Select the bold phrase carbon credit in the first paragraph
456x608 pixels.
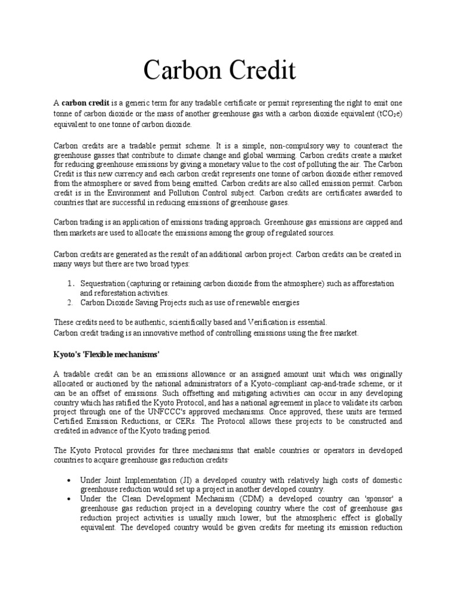click(x=85, y=103)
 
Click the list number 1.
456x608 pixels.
click(x=69, y=284)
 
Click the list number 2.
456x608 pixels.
click(x=69, y=303)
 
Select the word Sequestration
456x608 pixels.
click(x=103, y=284)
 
